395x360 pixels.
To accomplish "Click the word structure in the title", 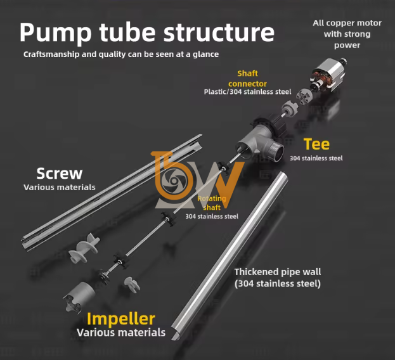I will [219, 32].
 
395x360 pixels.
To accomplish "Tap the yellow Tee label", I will [316, 144].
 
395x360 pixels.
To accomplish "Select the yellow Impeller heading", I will [121, 318].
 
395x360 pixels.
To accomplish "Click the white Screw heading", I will [59, 173].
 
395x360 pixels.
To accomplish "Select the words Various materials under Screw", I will [59, 187].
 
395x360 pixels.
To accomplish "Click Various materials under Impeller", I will [121, 332].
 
